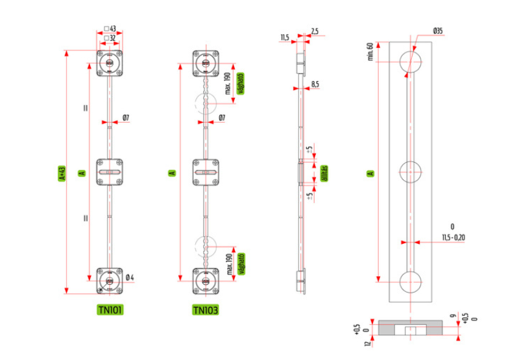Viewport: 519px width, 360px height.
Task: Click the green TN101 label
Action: pyautogui.click(x=110, y=309)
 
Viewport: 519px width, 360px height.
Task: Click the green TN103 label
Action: pyautogui.click(x=205, y=309)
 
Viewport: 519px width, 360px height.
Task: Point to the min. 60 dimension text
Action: pyautogui.click(x=370, y=52)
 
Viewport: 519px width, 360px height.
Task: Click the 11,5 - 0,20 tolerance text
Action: pyautogui.click(x=452, y=237)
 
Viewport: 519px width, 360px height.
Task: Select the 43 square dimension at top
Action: pyautogui.click(x=113, y=29)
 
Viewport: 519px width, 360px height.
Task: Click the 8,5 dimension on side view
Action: pyautogui.click(x=315, y=84)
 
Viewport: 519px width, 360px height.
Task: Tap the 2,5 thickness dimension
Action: pyautogui.click(x=314, y=30)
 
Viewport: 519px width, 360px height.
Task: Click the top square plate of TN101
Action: pyautogui.click(x=109, y=63)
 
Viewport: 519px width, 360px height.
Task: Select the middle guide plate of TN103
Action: pyautogui.click(x=205, y=173)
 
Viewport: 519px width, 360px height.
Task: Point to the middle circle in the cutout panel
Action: pyautogui.click(x=410, y=173)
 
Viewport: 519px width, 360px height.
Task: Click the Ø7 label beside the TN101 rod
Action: pyautogui.click(x=126, y=118)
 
